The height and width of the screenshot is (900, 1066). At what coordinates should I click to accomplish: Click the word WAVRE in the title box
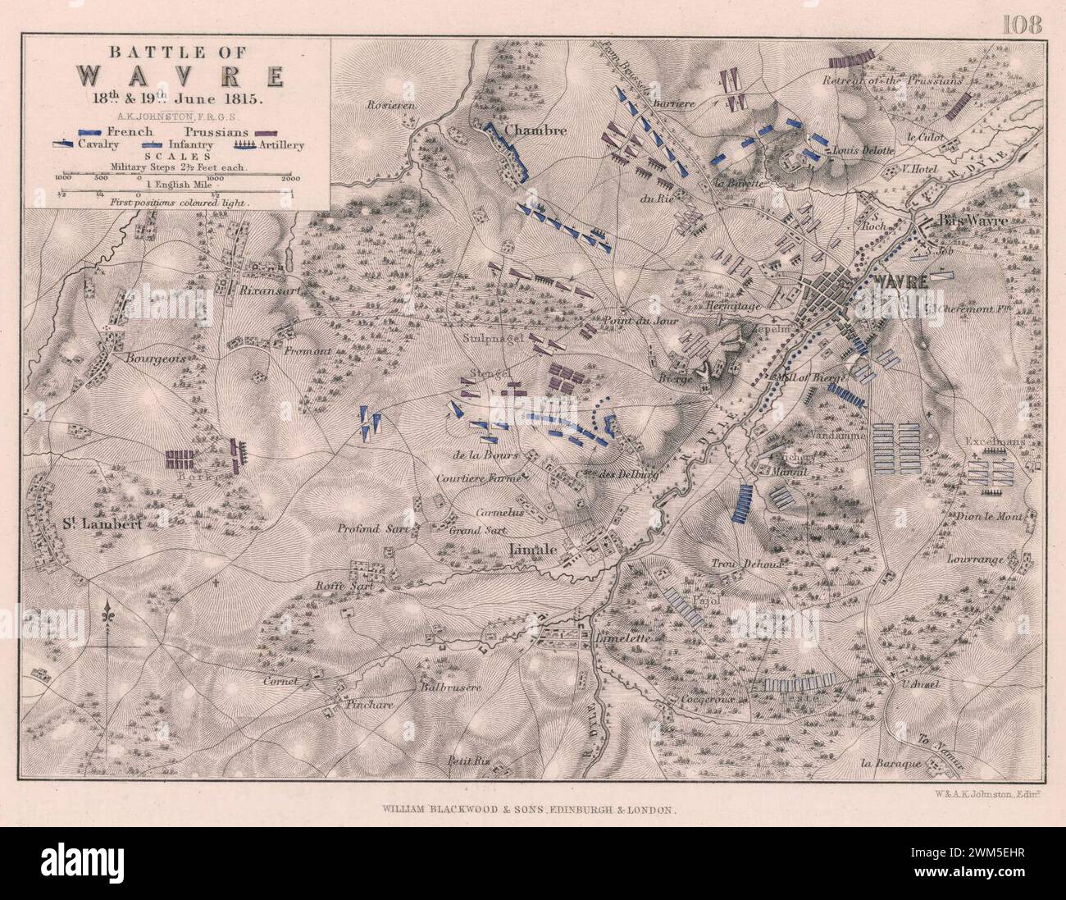(180, 77)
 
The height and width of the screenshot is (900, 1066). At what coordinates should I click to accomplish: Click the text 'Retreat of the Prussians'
(892, 80)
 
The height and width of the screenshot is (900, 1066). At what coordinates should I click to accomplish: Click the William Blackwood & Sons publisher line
(529, 808)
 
